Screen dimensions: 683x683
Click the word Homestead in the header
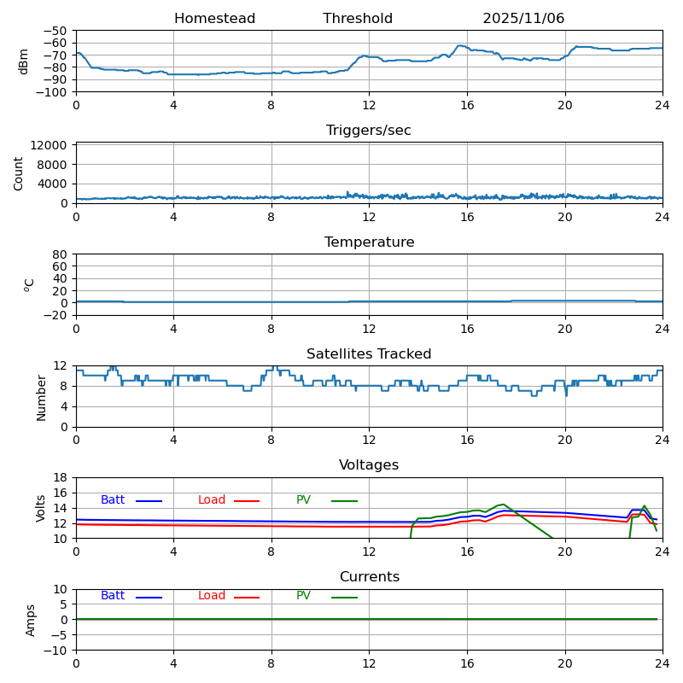[214, 19]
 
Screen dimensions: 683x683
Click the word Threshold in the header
[358, 19]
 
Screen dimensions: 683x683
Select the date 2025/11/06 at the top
[523, 19]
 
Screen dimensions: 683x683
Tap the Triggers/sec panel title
[369, 131]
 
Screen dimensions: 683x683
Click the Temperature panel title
[369, 242]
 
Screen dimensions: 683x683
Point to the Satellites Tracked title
[369, 354]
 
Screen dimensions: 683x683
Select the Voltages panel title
[369, 465]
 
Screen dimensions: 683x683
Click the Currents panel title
[369, 577]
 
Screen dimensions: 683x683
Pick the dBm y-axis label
[24, 61]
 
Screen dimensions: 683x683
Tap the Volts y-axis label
[41, 508]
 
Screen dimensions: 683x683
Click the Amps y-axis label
[31, 620]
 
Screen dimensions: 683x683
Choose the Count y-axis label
[19, 173]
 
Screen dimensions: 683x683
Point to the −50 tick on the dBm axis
[55, 31]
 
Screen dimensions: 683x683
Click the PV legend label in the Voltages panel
[304, 500]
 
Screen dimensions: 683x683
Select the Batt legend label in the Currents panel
[113, 596]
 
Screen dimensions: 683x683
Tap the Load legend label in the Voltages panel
[212, 500]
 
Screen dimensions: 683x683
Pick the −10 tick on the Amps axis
[55, 651]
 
